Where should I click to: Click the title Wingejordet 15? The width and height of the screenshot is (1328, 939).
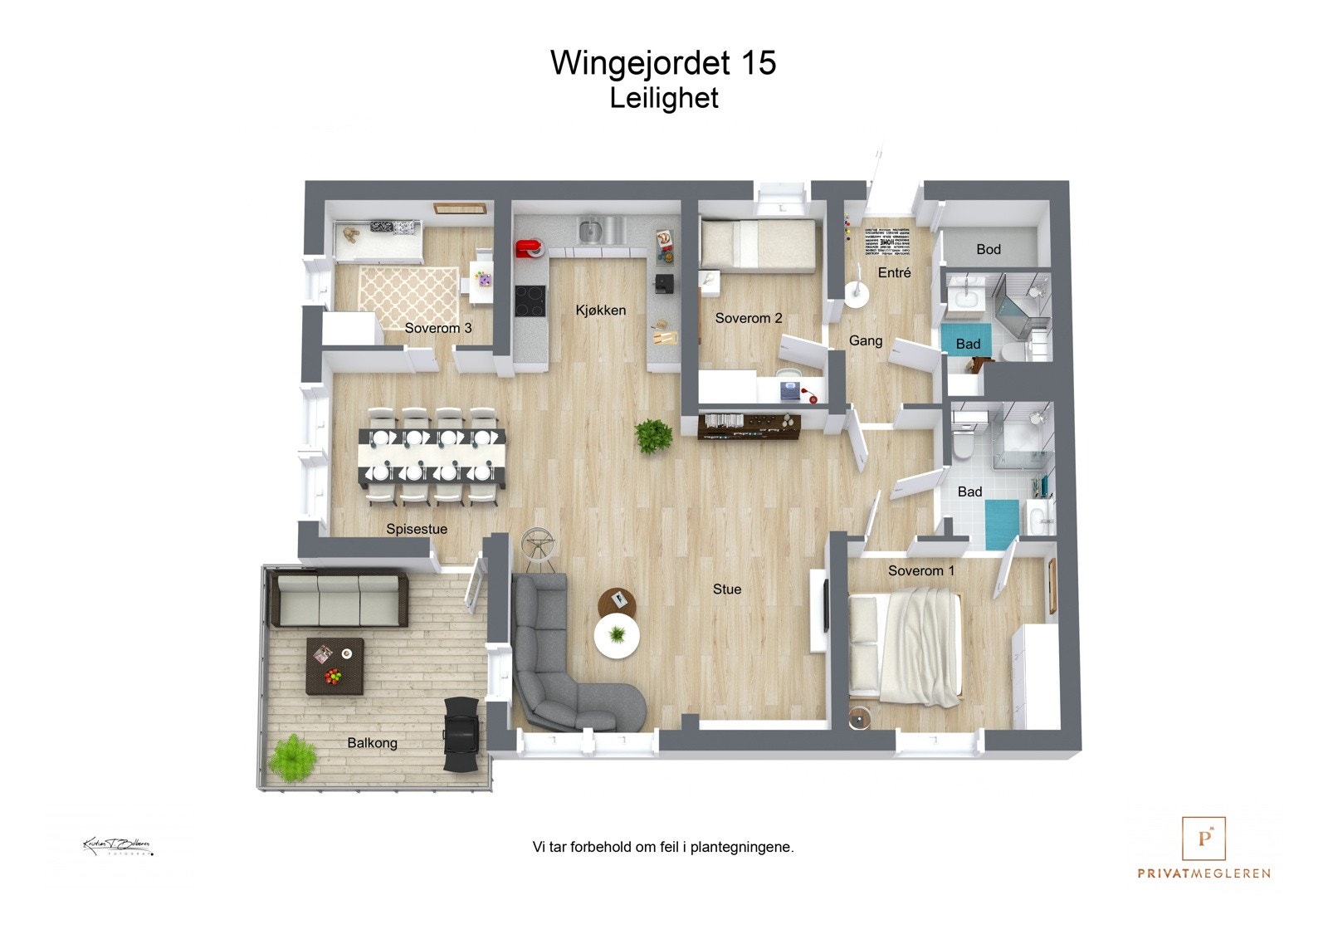[x=662, y=63]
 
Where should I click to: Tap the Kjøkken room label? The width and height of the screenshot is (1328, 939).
[x=600, y=311]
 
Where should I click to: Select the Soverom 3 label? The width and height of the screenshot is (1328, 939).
[x=437, y=328]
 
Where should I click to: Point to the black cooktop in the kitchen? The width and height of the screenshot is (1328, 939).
[x=530, y=301]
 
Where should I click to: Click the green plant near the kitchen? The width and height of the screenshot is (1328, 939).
[x=653, y=435]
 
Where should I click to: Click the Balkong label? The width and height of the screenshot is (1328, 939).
[x=372, y=743]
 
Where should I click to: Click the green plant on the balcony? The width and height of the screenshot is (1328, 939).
[x=291, y=757]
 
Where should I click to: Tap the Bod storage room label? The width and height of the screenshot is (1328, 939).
[x=988, y=249]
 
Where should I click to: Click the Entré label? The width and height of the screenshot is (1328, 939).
[x=894, y=272]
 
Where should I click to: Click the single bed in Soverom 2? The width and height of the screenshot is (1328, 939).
[x=757, y=246]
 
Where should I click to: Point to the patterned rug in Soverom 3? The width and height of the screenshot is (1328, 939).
[x=408, y=296]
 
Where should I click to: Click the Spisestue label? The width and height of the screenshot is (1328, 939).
[x=417, y=529]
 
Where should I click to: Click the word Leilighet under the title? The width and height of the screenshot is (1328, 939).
[x=663, y=98]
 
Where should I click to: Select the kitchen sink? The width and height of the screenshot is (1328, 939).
[x=591, y=228]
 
